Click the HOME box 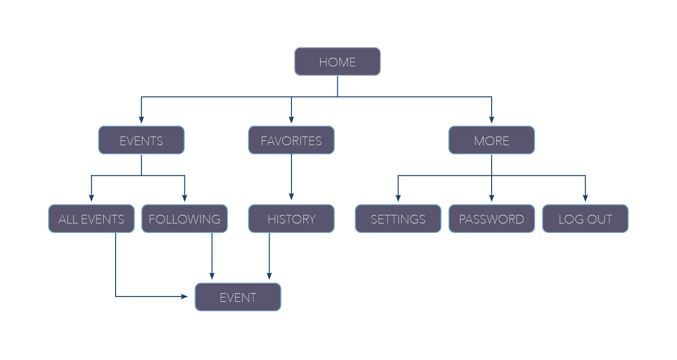(337, 62)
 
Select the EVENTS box (141, 140)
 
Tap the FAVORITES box (291, 140)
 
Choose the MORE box (492, 140)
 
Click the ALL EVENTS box (91, 219)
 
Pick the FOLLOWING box (184, 219)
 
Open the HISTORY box (291, 219)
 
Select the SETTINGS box (398, 219)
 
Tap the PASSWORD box (492, 219)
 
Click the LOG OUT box (585, 219)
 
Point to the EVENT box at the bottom (238, 297)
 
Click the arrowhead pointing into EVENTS (141, 120)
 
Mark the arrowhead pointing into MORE (492, 120)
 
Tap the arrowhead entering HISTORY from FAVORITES (291, 197)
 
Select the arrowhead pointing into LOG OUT (585, 198)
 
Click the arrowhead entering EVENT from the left (184, 296)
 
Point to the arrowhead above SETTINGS (398, 198)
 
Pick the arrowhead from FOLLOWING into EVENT (212, 276)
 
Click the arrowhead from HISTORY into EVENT (269, 276)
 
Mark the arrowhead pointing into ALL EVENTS (91, 198)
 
